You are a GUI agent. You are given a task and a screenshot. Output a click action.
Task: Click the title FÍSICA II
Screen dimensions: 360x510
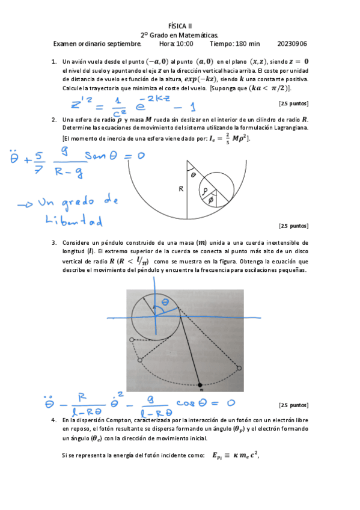pos(180,26)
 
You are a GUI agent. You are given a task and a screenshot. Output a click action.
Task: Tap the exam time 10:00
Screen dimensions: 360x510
pos(185,43)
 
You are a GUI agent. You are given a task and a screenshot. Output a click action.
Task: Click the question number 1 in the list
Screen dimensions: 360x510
pos(54,61)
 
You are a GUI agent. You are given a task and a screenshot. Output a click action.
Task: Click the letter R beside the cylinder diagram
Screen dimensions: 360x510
pos(180,189)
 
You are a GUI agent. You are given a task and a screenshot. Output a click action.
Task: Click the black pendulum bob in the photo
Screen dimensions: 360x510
pos(200,383)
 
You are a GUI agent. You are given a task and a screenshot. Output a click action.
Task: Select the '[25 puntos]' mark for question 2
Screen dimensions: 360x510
pos(294,226)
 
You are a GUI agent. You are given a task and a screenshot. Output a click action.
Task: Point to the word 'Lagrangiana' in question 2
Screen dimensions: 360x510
pos(288,128)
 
